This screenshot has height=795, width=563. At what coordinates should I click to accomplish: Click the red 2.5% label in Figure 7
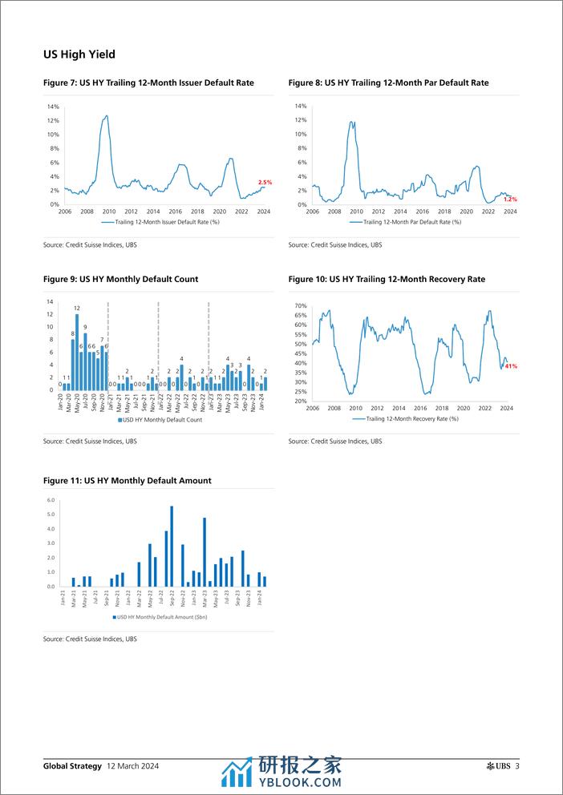coord(265,183)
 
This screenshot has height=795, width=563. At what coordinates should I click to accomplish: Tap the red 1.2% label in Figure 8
coord(510,199)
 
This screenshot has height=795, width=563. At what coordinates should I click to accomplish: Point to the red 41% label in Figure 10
coord(511,366)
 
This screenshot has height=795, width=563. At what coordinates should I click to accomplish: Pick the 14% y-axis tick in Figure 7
coord(54,107)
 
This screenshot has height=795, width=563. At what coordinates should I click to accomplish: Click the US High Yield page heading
coord(79,54)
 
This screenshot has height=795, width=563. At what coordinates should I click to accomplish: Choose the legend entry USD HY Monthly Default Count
coord(160,419)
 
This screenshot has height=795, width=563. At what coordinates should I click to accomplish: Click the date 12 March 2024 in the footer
coord(132,766)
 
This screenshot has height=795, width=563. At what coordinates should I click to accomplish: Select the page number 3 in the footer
coord(517,766)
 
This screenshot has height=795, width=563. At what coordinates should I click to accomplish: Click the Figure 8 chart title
coord(388,83)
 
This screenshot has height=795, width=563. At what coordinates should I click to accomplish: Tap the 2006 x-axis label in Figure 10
coord(312,408)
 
